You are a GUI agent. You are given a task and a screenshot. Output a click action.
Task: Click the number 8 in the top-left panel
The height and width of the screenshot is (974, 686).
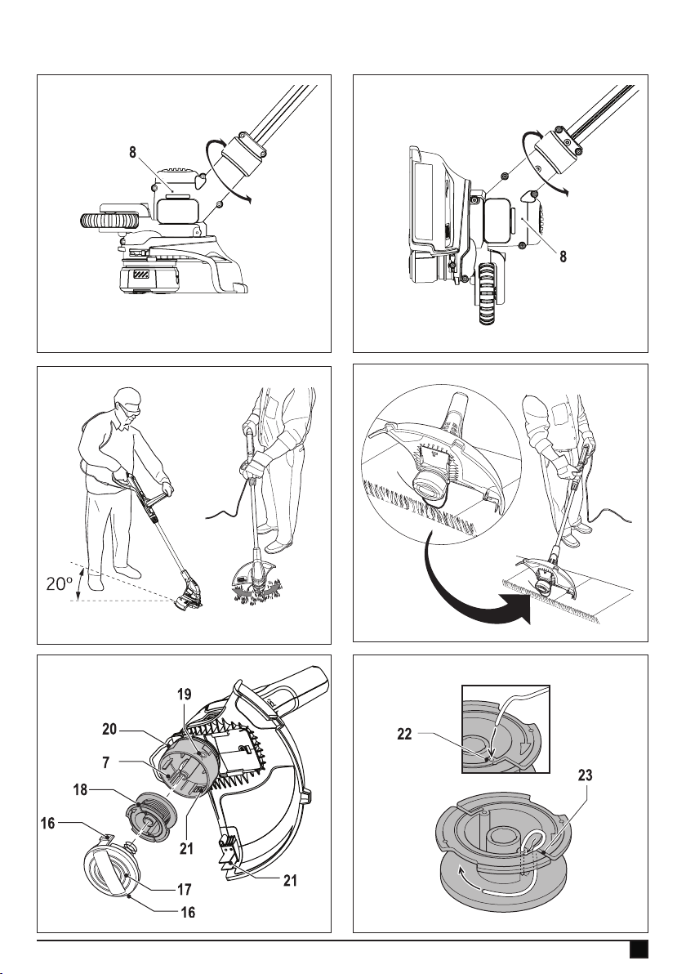coord(132,152)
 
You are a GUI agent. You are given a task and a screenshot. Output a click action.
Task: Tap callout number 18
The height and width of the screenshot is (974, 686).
coord(79,791)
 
